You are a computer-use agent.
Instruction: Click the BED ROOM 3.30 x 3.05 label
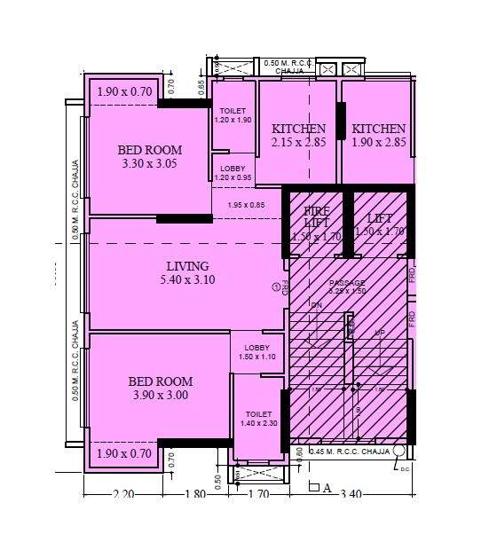pos(149,156)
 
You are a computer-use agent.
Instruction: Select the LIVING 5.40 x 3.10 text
pos(187,272)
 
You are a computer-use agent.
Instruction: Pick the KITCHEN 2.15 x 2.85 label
pos(298,136)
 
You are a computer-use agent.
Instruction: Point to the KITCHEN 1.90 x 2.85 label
pos(378,136)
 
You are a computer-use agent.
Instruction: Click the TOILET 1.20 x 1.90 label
pos(234,114)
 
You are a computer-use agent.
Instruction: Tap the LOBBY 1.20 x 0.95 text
pos(233,172)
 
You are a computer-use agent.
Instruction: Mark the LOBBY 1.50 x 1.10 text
pos(257,352)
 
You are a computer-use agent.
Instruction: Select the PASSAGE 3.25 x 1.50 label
pos(347,287)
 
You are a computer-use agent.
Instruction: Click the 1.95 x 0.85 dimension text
pos(246,206)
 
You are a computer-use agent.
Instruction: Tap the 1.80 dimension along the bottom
pos(197,495)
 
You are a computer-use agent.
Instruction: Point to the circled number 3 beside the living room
pos(276,286)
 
